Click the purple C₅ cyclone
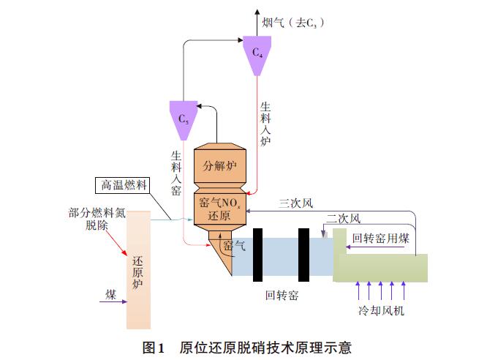[184, 120]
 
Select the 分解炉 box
[220, 165]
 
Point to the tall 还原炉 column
[138, 270]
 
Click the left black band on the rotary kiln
[258, 255]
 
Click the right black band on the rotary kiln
[303, 255]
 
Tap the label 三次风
[295, 203]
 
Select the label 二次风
[343, 219]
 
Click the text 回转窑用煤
[381, 239]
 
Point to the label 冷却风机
[381, 310]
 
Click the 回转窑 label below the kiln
[282, 295]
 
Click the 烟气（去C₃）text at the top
[293, 23]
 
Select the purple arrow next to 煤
[113, 301]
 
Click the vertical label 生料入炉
[265, 124]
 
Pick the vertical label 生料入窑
[176, 173]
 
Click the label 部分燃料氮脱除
[97, 219]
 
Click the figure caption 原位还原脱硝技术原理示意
[265, 348]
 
